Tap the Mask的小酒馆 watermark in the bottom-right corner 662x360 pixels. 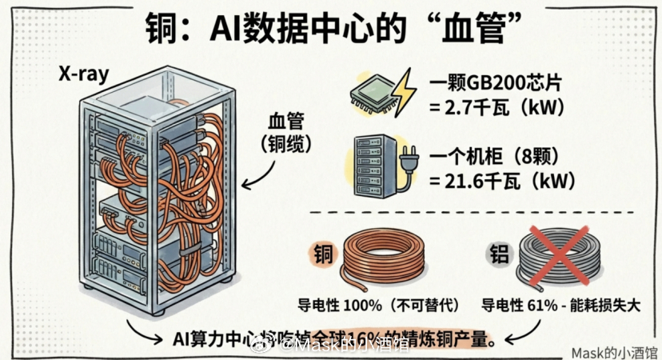pyautogui.click(x=613, y=350)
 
